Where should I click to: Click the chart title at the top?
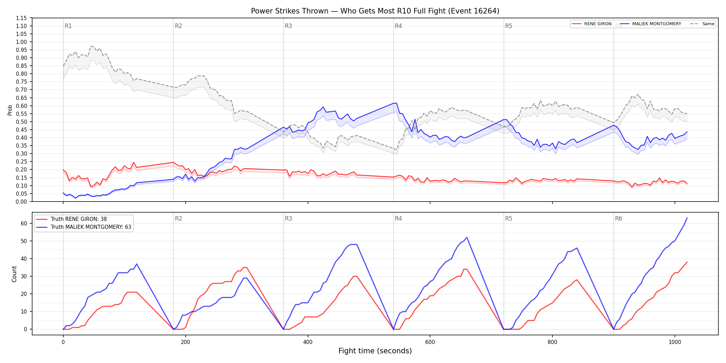pyautogui.click(x=375, y=11)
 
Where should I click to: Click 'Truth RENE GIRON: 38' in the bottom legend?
pyautogui.click(x=78, y=219)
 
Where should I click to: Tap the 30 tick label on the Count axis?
pyautogui.click(x=24, y=276)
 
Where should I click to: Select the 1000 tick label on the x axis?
pyautogui.click(x=675, y=342)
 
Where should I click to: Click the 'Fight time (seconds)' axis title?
pyautogui.click(x=375, y=351)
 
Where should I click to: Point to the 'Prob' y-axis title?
pyautogui.click(x=10, y=110)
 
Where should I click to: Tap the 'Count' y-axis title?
pyautogui.click(x=14, y=274)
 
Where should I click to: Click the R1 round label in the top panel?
pyautogui.click(x=68, y=26)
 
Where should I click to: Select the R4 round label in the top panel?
pyautogui.click(x=398, y=26)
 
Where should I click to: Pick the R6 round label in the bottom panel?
pyautogui.click(x=618, y=218)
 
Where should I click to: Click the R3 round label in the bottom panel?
pyautogui.click(x=288, y=218)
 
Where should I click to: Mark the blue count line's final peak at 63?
pyautogui.click(x=687, y=218)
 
